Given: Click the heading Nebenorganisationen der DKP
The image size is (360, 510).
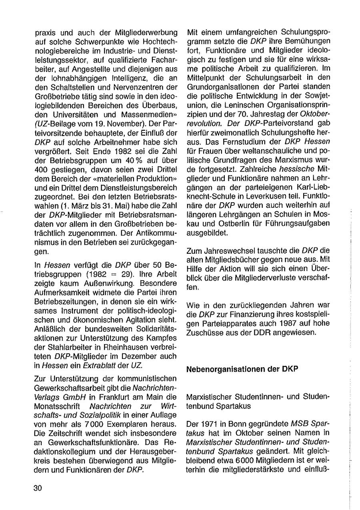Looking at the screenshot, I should point(242,369).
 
